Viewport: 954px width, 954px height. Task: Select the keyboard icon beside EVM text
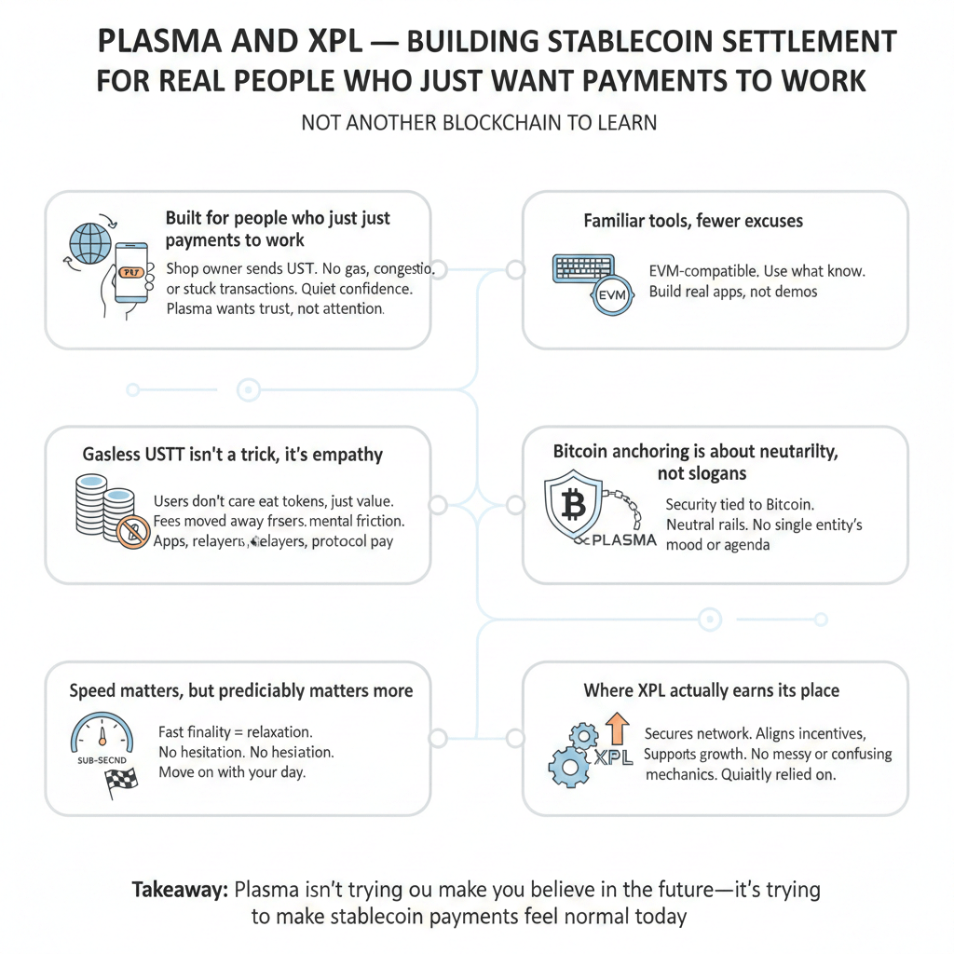coord(584,267)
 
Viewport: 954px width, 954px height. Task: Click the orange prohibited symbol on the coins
coord(133,532)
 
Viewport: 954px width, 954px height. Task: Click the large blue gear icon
coord(569,766)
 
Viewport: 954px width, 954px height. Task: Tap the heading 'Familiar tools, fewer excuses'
coord(693,221)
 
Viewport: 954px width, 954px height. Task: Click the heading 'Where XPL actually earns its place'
coord(711,690)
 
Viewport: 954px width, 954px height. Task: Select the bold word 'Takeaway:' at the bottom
coord(180,889)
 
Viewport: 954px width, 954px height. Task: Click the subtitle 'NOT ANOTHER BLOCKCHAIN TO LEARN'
coord(479,122)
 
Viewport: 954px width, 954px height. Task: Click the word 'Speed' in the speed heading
coord(94,690)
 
